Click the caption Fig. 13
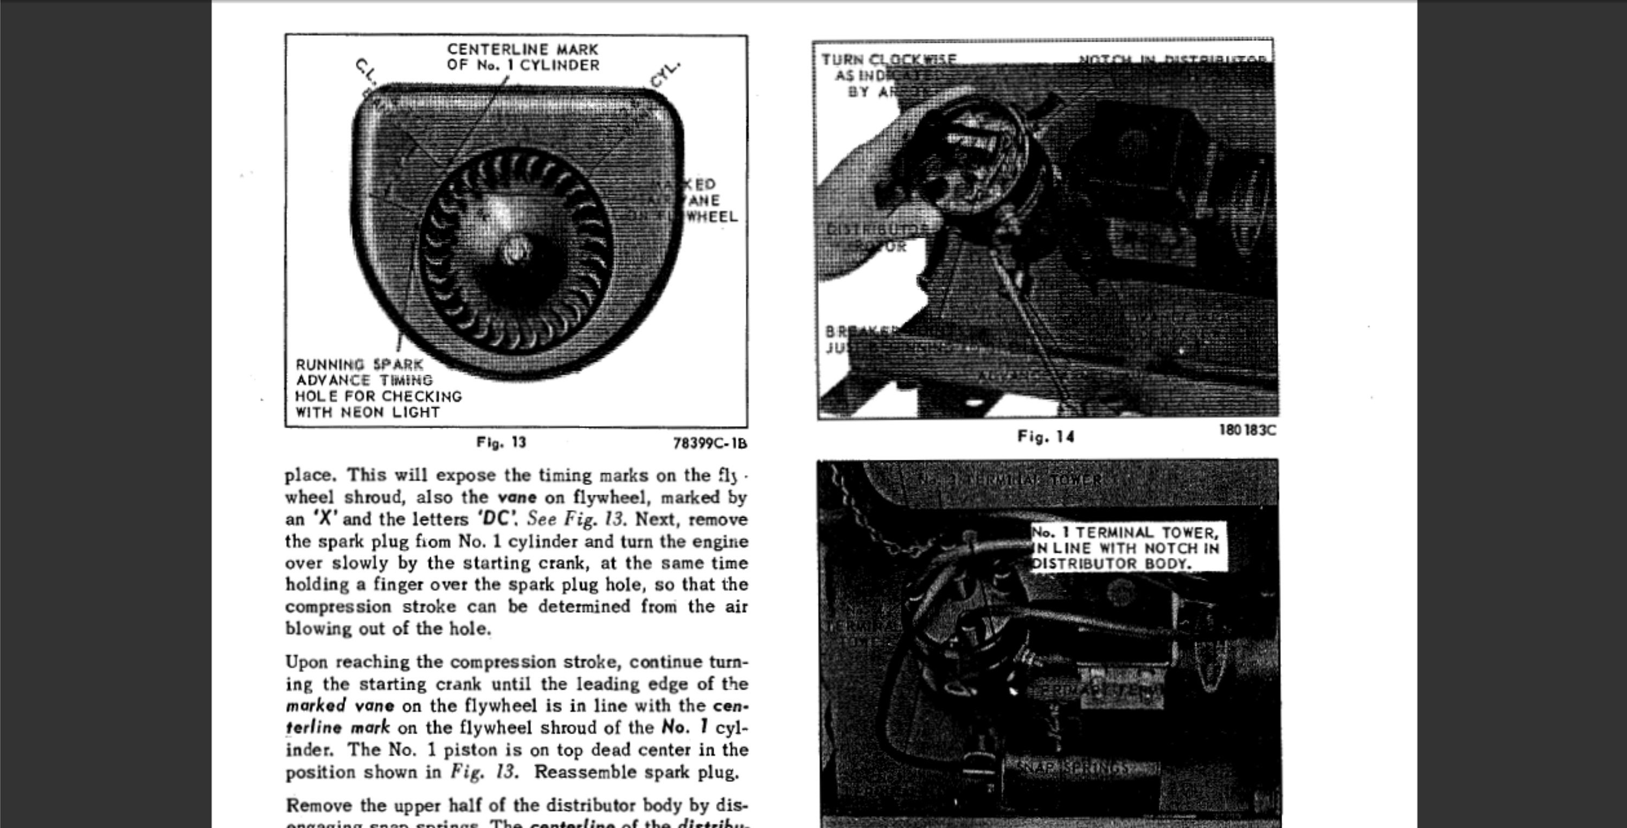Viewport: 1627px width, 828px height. point(501,442)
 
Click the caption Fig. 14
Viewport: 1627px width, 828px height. point(1045,437)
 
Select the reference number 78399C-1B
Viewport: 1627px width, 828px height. point(710,444)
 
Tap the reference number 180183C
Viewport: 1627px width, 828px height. point(1247,430)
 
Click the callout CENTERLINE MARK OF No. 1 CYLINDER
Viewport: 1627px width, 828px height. point(523,57)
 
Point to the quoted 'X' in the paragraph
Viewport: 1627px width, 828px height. point(325,519)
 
